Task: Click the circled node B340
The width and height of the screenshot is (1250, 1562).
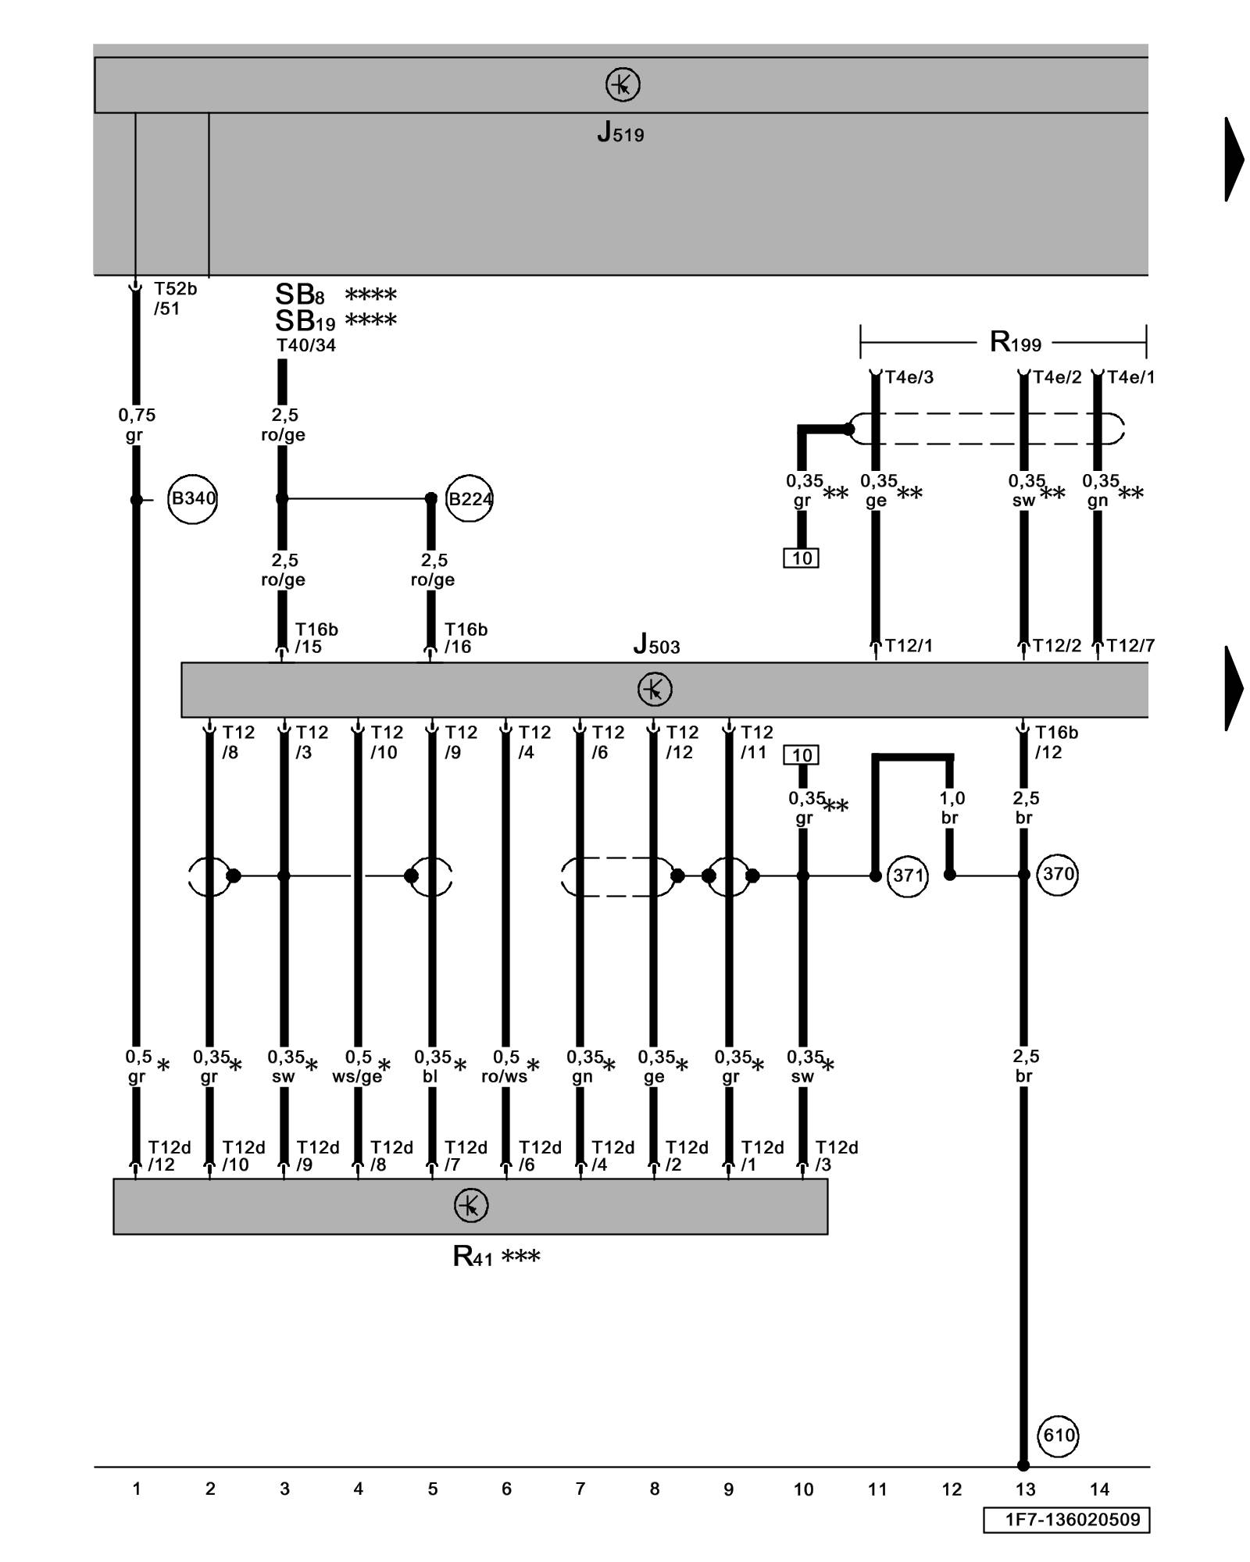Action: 192,498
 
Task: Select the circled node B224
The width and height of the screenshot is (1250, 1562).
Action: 469,498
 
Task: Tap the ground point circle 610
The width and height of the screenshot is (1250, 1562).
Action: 1059,1435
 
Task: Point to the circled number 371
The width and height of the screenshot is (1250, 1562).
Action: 908,876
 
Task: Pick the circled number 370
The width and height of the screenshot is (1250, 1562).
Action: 1058,874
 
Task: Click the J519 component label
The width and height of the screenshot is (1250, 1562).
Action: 620,133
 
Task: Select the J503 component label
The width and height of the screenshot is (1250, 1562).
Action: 656,645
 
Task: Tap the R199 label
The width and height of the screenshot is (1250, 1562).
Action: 1015,342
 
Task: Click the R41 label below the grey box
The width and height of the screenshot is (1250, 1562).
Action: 473,1257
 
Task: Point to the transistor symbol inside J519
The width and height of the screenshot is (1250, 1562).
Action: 623,84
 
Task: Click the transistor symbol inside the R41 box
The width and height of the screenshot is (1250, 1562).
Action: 471,1206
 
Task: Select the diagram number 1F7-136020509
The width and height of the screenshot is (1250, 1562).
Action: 1066,1520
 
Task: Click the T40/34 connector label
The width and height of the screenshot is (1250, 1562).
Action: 305,345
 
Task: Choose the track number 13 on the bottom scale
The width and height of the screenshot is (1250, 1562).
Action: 1025,1489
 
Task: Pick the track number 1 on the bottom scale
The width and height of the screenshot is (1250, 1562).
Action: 137,1489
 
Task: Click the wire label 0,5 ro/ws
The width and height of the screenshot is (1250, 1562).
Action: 505,1066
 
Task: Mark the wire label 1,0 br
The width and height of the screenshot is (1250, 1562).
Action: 951,808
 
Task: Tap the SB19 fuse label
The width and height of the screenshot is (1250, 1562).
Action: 305,321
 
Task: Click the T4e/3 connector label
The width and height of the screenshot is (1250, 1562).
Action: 909,377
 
